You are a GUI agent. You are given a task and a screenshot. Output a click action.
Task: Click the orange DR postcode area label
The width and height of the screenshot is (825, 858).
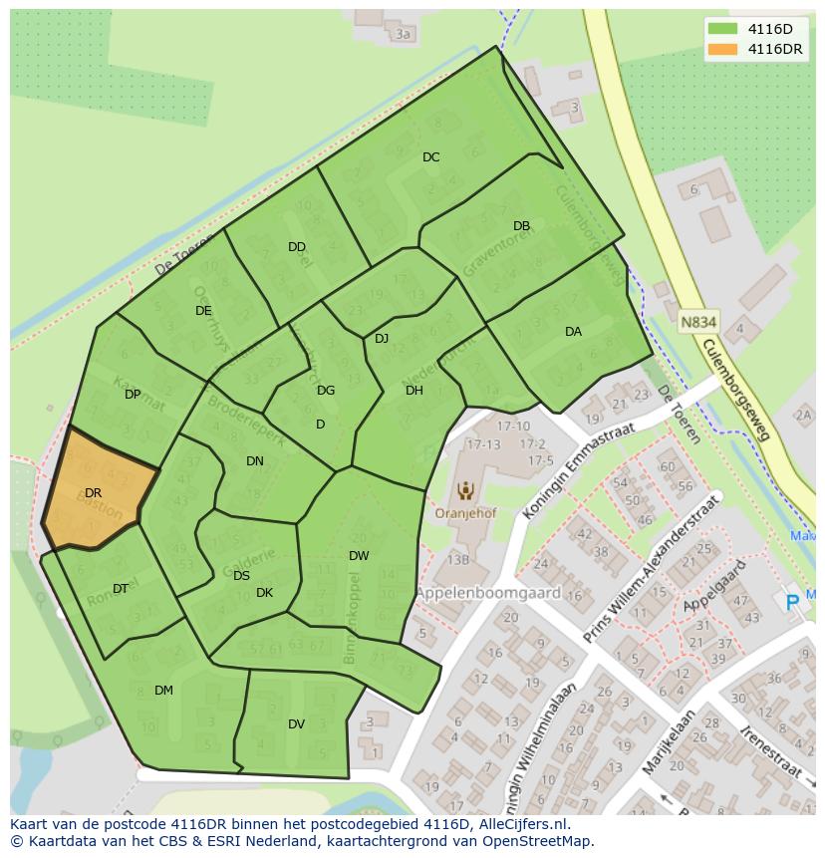93,493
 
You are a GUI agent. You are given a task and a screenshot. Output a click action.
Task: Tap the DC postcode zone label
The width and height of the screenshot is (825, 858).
430,157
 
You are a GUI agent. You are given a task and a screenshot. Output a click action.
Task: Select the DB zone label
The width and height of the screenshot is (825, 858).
521,226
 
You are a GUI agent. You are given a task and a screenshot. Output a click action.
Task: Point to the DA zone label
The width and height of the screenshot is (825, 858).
573,332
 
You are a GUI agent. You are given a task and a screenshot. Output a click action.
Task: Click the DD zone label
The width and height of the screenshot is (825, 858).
296,247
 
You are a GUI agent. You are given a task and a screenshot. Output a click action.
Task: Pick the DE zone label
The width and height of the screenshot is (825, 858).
203,311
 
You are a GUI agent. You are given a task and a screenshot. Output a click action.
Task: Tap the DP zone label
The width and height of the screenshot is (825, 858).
133,395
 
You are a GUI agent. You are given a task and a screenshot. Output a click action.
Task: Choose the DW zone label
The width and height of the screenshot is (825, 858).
359,556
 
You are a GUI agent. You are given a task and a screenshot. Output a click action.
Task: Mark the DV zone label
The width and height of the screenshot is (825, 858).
296,724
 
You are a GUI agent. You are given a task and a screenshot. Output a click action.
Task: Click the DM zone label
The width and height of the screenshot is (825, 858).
163,691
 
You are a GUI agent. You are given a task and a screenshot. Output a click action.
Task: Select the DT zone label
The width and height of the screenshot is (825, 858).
120,589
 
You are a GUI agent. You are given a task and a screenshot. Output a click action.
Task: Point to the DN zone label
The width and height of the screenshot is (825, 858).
255,461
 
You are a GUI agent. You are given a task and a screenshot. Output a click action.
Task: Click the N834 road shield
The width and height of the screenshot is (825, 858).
699,323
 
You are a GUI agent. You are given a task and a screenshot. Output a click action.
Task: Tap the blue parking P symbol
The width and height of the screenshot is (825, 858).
793,601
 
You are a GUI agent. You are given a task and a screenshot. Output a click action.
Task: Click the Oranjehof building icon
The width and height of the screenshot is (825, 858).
464,490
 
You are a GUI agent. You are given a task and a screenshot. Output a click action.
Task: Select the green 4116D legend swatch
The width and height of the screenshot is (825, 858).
723,29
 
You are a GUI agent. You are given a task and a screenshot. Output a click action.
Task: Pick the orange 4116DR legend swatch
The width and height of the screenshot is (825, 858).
723,49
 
